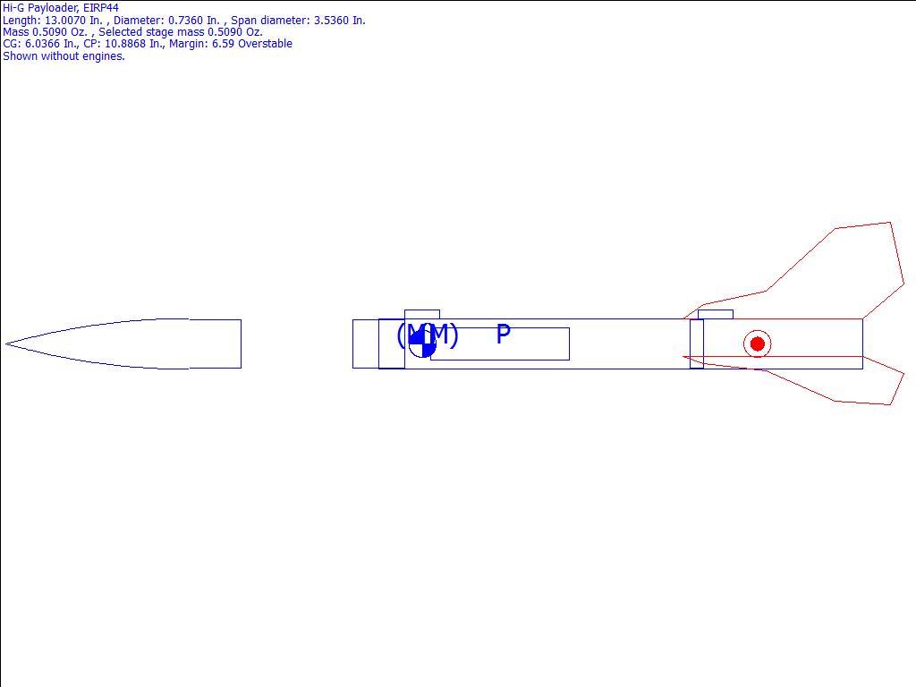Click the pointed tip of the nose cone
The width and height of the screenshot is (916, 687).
6,343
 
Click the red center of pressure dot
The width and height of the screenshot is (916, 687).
757,344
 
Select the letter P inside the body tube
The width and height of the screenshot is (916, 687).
503,335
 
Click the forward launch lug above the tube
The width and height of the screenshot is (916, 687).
422,315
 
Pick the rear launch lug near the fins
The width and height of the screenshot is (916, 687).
715,315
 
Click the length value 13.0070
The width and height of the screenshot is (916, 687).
65,21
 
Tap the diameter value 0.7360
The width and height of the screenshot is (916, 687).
186,21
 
